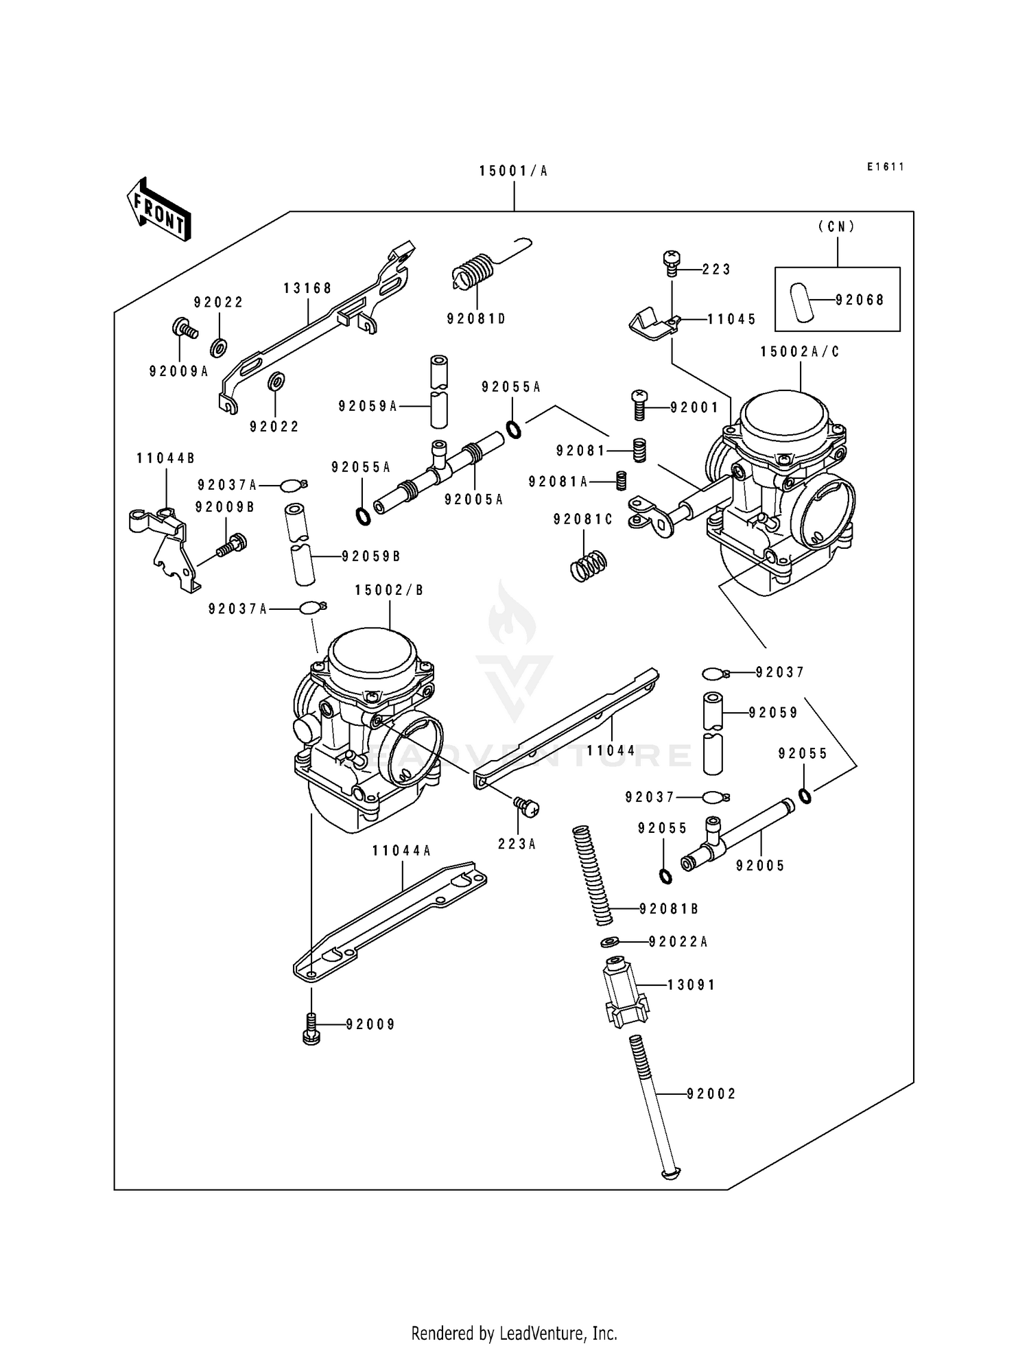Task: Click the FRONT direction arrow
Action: point(158,209)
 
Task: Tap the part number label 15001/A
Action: point(513,171)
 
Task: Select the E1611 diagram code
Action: point(885,167)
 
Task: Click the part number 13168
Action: point(307,288)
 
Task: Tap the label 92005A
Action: point(473,500)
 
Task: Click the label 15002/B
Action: point(389,590)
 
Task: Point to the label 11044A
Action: point(401,851)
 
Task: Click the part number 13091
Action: point(691,985)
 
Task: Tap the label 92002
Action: point(711,1094)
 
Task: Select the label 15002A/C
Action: point(800,352)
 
